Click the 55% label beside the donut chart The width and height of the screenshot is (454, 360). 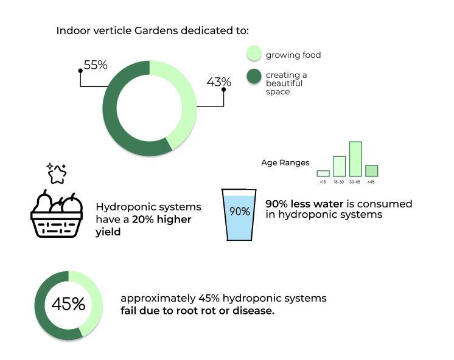click(x=96, y=64)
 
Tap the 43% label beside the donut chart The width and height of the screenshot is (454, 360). click(x=219, y=81)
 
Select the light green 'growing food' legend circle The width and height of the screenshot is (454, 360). click(x=254, y=54)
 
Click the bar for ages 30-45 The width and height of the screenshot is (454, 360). click(x=355, y=159)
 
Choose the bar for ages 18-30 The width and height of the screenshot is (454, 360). click(x=340, y=166)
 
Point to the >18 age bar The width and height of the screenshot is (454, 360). click(x=323, y=173)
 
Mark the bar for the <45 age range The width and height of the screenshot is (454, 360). click(x=371, y=170)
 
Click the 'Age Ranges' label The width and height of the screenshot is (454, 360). click(x=285, y=162)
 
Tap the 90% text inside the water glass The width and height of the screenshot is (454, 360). click(x=239, y=212)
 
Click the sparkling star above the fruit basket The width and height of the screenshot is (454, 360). click(x=57, y=174)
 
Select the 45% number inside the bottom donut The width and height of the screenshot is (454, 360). click(x=68, y=304)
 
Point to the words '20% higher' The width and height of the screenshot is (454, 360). click(x=161, y=219)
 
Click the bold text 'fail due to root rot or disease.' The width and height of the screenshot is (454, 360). click(x=197, y=311)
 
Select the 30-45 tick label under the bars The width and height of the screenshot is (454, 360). click(x=355, y=182)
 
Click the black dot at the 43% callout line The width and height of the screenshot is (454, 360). click(x=224, y=90)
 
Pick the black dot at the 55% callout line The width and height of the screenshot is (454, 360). click(x=80, y=71)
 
